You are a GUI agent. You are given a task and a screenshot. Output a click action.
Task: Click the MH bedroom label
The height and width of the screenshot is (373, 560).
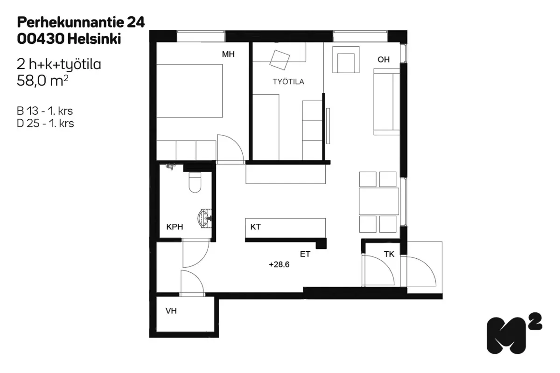coord(228,54)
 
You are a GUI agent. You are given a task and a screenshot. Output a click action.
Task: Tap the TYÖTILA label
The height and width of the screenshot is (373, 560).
coord(288,82)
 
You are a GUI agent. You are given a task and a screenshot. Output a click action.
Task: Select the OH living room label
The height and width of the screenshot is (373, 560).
coord(384,60)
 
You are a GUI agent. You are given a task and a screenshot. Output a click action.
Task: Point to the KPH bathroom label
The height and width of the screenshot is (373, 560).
coord(175,227)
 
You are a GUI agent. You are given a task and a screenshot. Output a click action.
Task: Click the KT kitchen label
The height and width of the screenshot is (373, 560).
coord(256,227)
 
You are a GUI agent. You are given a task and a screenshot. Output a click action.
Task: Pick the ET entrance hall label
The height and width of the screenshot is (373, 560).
coord(305,254)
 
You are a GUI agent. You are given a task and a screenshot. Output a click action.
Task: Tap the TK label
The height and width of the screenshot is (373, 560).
coord(389,254)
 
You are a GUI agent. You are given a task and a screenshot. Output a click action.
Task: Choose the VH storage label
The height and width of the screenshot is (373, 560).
coord(171,311)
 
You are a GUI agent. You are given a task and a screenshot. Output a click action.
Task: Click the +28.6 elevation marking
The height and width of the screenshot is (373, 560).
coord(279,264)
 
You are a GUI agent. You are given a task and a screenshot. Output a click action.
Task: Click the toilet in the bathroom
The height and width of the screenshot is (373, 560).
coord(195,182)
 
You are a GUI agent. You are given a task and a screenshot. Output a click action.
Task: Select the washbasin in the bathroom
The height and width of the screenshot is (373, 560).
coord(205,219)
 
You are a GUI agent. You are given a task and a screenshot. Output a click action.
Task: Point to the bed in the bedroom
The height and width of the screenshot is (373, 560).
coord(189,91)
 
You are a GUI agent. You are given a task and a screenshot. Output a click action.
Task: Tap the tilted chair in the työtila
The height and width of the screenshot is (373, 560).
coord(280,60)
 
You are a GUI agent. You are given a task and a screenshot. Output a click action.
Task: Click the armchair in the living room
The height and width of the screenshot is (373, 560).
coord(346,60)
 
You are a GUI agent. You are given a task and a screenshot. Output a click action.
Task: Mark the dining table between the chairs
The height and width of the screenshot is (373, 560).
coord(379,201)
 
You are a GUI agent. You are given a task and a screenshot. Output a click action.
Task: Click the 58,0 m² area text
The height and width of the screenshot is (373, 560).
coord(42,81)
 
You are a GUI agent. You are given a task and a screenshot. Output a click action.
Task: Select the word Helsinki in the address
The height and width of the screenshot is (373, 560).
coord(94,39)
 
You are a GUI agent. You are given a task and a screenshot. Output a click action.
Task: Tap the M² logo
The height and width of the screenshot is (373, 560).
coord(514,333)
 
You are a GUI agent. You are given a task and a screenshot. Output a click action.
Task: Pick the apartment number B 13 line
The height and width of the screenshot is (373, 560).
coord(45,111)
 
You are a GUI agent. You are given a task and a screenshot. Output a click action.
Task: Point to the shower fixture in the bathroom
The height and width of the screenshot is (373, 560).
coord(170,166)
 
